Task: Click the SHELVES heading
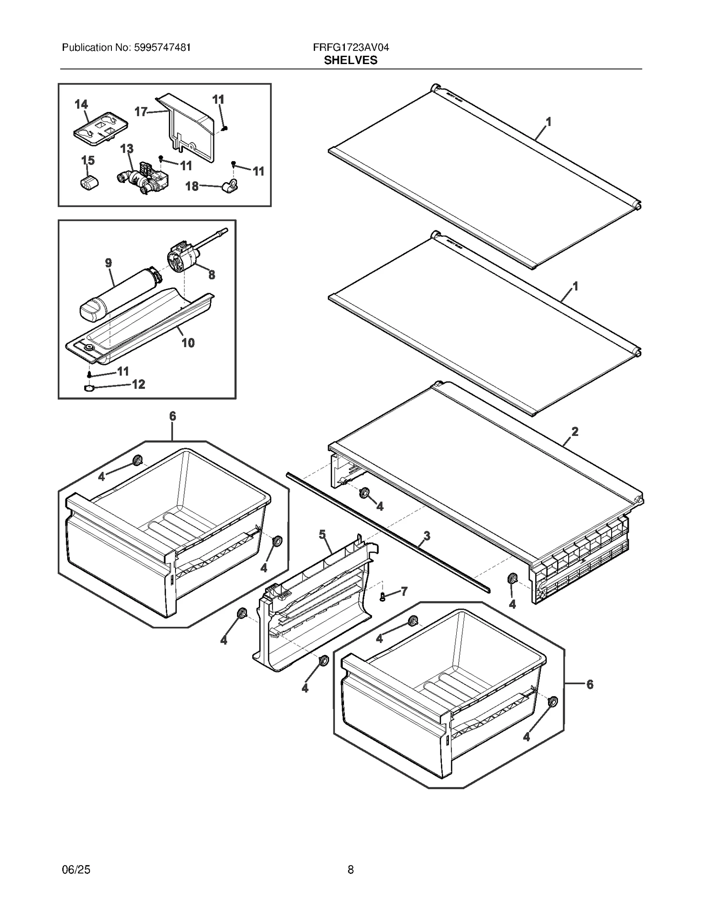[350, 61]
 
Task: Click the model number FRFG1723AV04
[351, 47]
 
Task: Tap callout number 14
[81, 104]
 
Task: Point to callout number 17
[140, 112]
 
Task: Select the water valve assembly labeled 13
[145, 180]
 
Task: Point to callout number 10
[188, 343]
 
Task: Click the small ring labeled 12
[89, 388]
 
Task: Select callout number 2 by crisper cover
[575, 431]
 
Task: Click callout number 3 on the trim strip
[426, 535]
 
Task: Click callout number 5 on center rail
[322, 534]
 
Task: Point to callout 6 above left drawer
[172, 416]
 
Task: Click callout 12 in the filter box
[138, 384]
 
